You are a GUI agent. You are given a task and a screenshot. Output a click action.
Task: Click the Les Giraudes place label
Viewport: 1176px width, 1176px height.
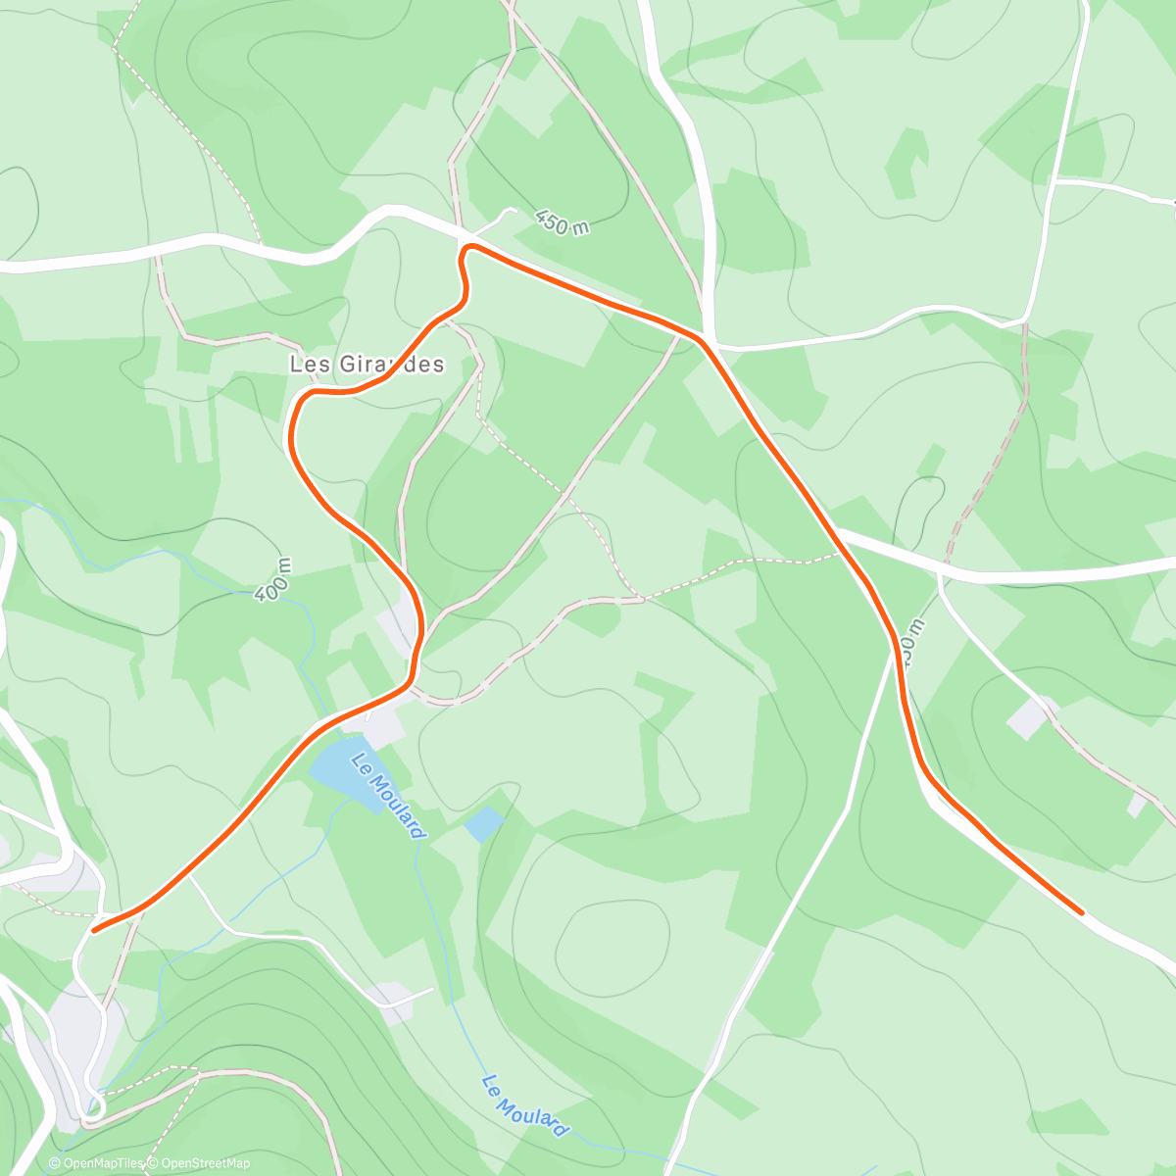click(x=367, y=365)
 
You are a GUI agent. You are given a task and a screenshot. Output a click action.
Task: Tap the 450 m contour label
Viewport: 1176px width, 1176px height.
click(x=563, y=222)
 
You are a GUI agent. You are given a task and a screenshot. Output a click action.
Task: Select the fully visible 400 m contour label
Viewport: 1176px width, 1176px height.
click(x=272, y=579)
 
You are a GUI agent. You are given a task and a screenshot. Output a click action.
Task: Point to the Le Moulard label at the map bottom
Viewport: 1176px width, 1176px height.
click(x=525, y=1105)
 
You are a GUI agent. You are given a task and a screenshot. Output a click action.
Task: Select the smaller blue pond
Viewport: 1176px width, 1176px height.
click(x=484, y=824)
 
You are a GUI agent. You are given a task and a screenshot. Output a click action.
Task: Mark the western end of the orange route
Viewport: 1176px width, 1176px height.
click(x=94, y=930)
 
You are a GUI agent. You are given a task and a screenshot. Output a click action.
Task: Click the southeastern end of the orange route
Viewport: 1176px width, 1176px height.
click(x=1081, y=912)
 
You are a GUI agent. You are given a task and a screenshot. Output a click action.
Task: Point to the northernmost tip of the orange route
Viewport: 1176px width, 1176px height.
click(x=470, y=246)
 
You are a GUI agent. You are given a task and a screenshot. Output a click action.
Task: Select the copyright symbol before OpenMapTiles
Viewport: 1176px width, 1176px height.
click(x=55, y=1163)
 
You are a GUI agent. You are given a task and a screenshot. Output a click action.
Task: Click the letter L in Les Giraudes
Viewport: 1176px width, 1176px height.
click(x=295, y=365)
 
